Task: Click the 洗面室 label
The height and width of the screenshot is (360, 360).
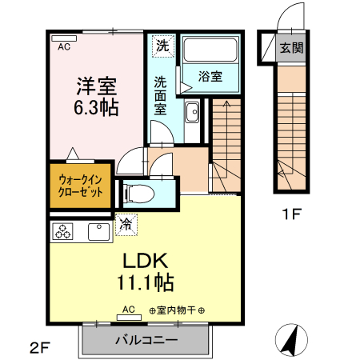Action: pyautogui.click(x=161, y=94)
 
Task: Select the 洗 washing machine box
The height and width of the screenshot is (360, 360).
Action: pyautogui.click(x=162, y=46)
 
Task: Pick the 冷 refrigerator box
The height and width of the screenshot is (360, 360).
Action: pyautogui.click(x=126, y=225)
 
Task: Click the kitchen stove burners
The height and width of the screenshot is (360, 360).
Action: pyautogui.click(x=62, y=232)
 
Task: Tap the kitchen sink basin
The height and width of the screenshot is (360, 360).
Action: pyautogui.click(x=98, y=232)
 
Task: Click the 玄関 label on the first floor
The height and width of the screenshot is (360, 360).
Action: pyautogui.click(x=291, y=48)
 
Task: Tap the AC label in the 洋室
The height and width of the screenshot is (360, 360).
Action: pyautogui.click(x=63, y=46)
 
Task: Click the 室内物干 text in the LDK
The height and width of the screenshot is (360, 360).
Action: pyautogui.click(x=177, y=310)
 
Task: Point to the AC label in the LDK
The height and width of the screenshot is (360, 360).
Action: pyautogui.click(x=129, y=309)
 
